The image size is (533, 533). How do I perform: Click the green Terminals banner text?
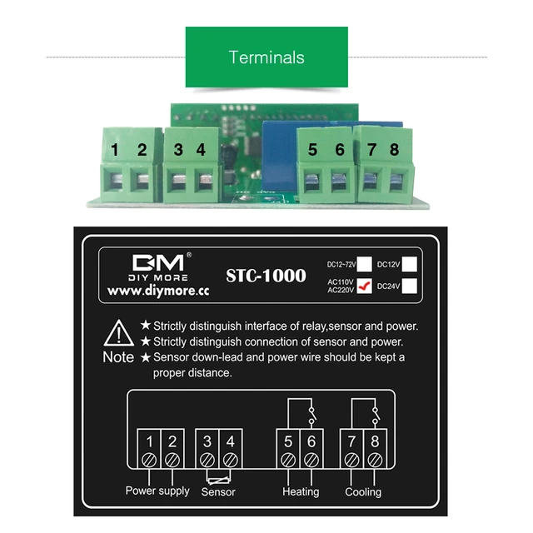point(266,57)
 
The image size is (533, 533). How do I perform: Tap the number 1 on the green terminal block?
point(116,150)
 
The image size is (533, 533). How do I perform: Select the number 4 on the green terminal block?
point(200,150)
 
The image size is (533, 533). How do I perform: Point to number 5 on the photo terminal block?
point(312,150)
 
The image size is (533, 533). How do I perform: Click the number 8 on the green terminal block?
point(394,150)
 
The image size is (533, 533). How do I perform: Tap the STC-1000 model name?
point(266,276)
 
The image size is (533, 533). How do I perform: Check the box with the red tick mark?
point(364,286)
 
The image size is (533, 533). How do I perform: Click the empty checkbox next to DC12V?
point(409,264)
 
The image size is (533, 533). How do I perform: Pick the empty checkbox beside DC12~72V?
point(364,264)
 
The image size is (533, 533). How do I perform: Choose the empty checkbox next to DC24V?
point(409,286)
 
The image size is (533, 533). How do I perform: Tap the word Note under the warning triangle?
point(117,357)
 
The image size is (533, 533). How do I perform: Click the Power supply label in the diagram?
point(157,491)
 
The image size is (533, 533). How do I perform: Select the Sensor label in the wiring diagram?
point(218,491)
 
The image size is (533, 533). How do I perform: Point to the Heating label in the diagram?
point(301,491)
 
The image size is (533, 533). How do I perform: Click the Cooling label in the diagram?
point(363,491)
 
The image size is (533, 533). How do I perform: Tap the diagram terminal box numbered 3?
point(207,442)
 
